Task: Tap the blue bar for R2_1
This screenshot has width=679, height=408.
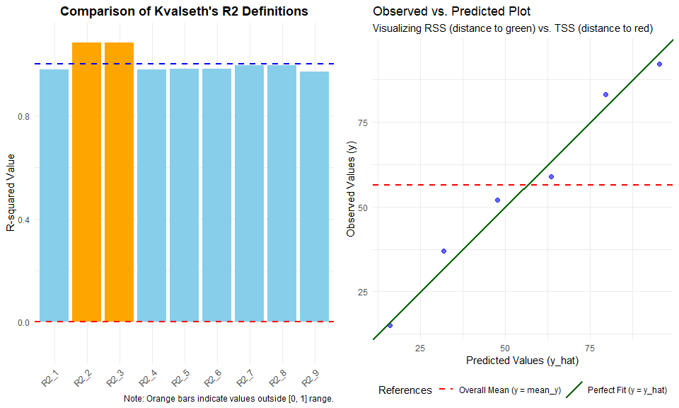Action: [x=54, y=195]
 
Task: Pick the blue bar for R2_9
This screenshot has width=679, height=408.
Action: [x=314, y=196]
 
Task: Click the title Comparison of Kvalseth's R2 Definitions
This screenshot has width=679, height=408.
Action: [x=184, y=12]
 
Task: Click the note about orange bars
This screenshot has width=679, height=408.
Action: [x=228, y=399]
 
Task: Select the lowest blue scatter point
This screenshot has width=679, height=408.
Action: [x=390, y=325]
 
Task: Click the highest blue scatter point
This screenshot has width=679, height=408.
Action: [x=659, y=64]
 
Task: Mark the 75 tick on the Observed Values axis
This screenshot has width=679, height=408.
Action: [x=363, y=123]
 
